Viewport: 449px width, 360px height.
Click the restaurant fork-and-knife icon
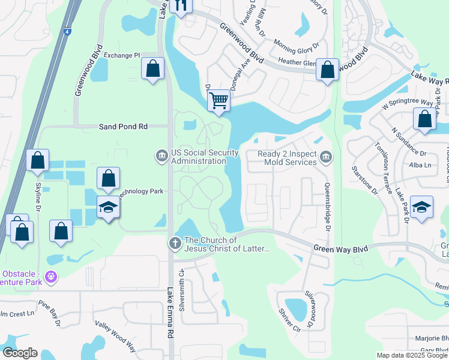coord(180,6)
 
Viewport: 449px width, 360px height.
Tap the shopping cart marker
coord(220,100)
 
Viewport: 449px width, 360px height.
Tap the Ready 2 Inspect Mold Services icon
coord(326,158)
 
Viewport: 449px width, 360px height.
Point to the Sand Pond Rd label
coord(123,127)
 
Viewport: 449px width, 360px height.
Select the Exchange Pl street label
coord(121,55)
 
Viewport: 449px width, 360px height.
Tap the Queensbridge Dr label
coord(328,207)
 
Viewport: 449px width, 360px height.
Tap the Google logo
coord(20,353)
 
